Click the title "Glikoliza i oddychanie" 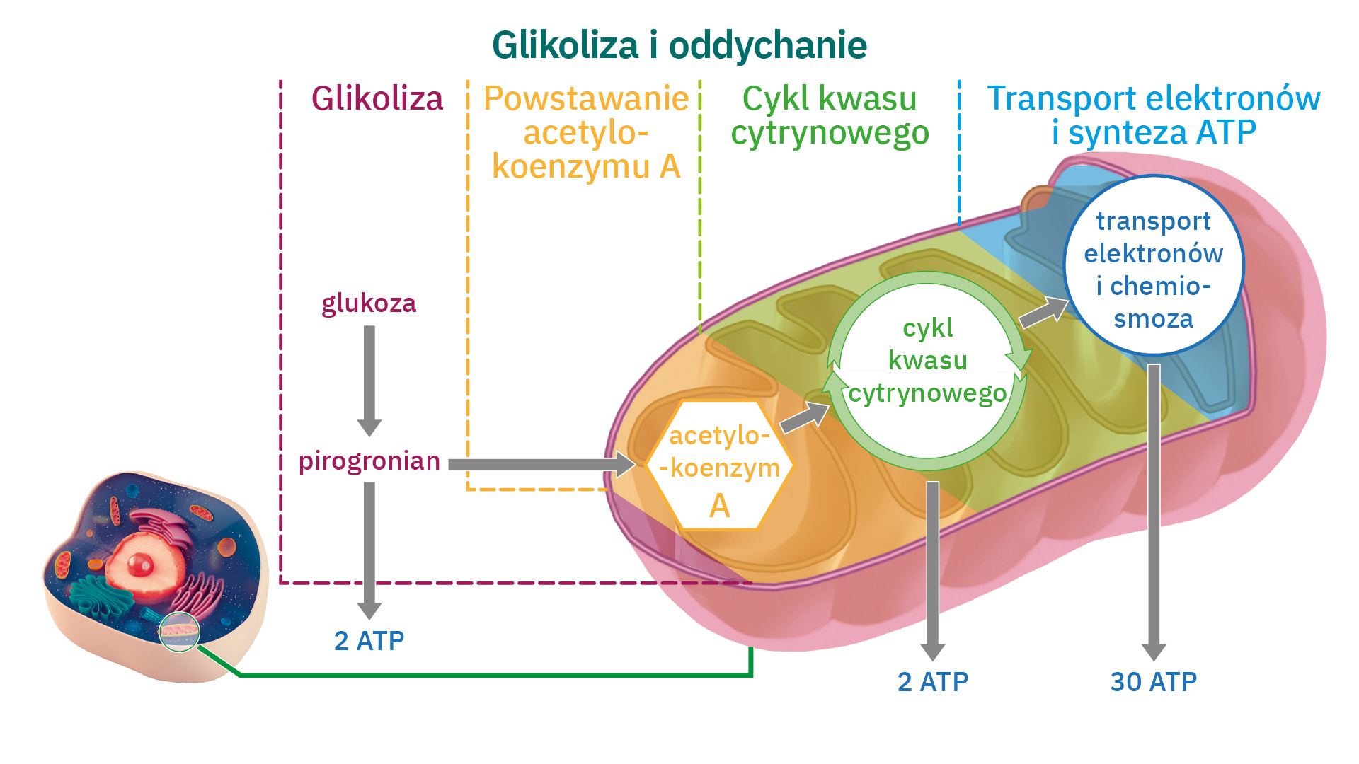pos(679,45)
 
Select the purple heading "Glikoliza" pos(377,98)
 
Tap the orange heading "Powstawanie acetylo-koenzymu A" pos(585,132)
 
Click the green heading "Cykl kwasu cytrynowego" pos(830,116)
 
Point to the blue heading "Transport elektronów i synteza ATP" pos(1154,115)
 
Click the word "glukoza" pos(369,303)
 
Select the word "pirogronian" pos(369,461)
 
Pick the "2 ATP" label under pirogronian pos(369,641)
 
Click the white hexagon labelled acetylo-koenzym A pos(719,466)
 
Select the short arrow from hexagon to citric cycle pos(804,417)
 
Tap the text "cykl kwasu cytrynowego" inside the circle pos(927,361)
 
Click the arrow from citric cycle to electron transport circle pos(1043,312)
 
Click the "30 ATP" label pos(1153,682)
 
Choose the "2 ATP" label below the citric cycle pos(932,682)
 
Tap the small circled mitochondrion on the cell pos(179,630)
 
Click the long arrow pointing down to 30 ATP pos(1154,509)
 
